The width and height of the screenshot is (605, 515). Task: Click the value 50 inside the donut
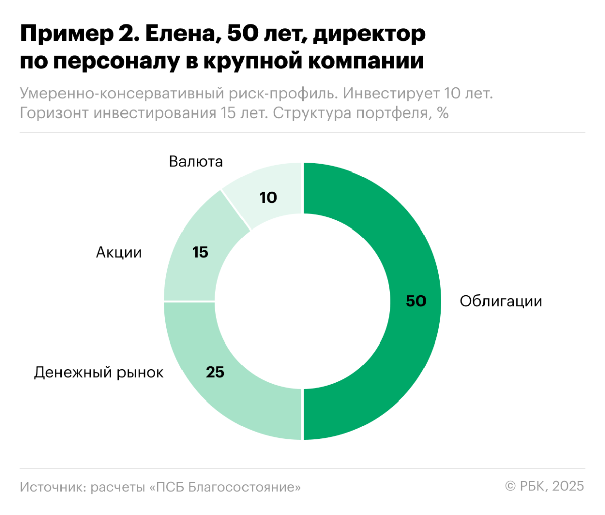coord(416,301)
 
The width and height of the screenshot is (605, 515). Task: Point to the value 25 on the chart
coord(215,372)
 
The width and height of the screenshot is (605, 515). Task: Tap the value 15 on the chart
coord(200,252)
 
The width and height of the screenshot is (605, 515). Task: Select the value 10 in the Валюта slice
coord(268,198)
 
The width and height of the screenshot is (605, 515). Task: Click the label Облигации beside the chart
coord(501,301)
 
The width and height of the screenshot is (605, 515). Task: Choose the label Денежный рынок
coord(99,373)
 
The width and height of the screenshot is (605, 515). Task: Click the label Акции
coord(119,252)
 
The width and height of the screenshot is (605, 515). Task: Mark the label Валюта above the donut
coord(196,162)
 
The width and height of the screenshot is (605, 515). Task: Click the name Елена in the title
coord(182,34)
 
